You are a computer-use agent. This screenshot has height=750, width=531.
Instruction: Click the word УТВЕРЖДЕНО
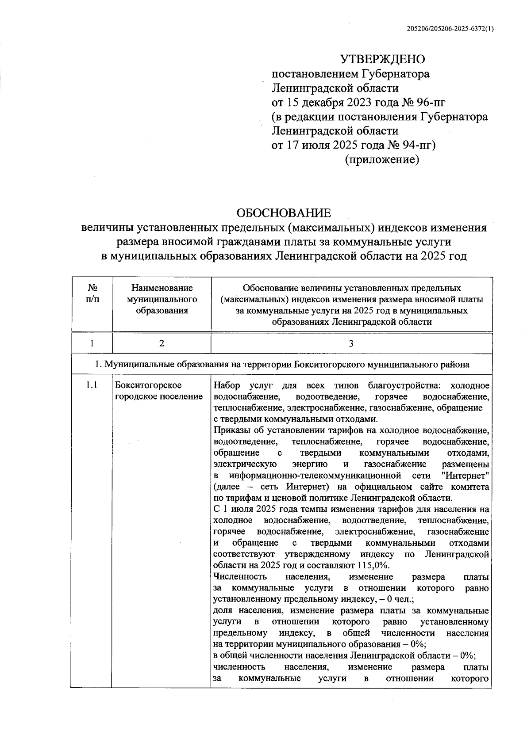382,59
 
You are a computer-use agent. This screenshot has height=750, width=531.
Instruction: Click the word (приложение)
381,159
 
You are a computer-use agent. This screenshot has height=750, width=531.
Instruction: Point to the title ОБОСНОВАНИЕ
284,213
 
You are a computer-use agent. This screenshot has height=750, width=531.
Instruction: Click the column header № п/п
92,293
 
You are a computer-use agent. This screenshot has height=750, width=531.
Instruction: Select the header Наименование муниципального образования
162,299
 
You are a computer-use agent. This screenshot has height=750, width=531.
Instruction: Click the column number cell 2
162,343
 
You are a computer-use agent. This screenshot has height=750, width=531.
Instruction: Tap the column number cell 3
351,343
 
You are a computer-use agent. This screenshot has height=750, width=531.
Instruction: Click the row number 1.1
92,385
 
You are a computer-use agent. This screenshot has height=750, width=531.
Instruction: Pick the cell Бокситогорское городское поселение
158,391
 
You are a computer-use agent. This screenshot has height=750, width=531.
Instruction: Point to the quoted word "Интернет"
465,476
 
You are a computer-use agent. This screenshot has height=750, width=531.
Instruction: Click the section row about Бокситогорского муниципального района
283,365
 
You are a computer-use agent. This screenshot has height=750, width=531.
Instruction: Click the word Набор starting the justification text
227,385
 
